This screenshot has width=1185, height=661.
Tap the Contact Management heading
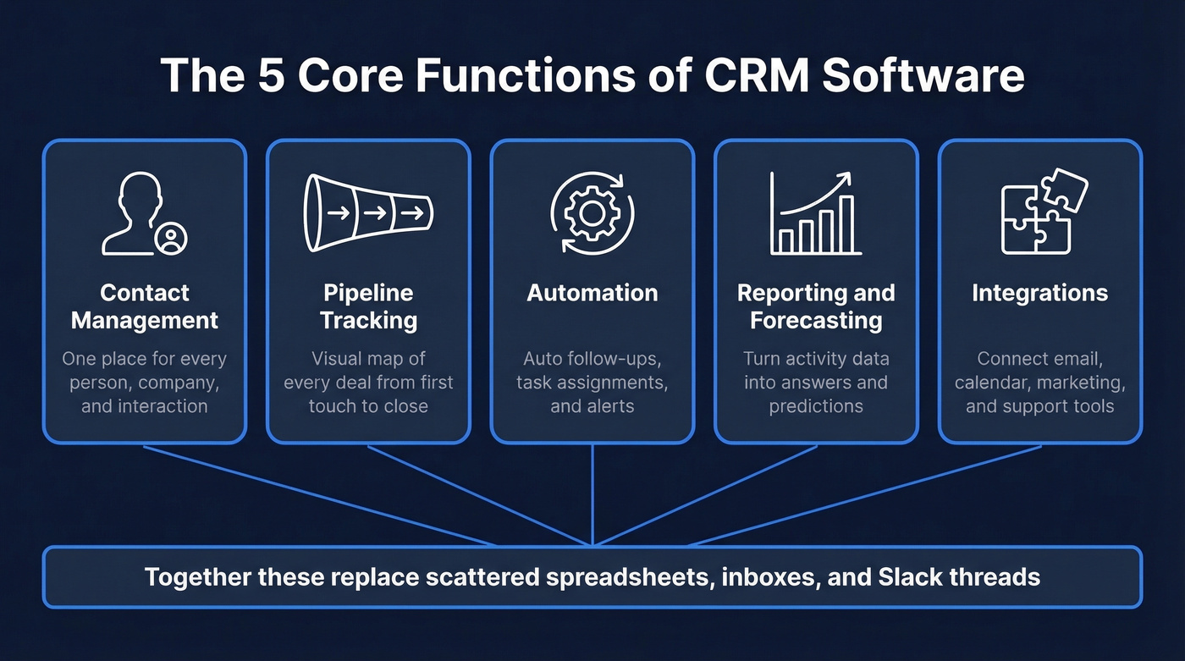pos(145,306)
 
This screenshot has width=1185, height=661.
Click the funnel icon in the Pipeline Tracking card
pos(368,213)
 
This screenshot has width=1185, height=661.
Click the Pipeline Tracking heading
pos(369,306)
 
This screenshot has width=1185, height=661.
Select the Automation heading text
pos(592,293)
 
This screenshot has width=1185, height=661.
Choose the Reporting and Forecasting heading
pos(816,306)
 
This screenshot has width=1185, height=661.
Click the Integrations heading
pos(1039,293)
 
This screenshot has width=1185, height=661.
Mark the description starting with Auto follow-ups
pos(592,382)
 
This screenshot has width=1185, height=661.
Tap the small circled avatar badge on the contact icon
pos(173,239)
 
